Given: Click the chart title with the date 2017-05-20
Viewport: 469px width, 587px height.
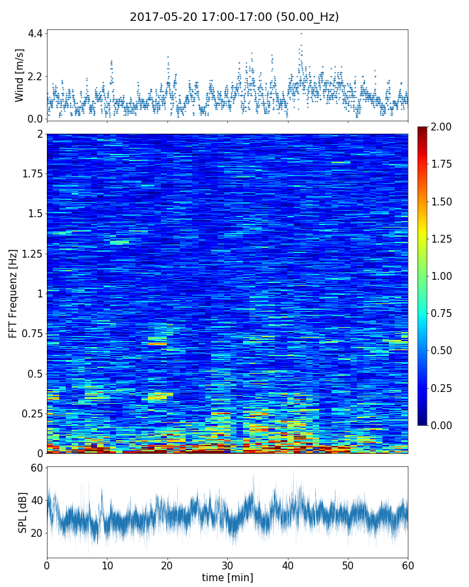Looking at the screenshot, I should [234, 17].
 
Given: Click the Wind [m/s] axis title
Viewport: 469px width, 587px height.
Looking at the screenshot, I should [20, 75].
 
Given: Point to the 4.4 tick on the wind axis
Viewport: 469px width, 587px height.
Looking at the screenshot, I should [35, 33].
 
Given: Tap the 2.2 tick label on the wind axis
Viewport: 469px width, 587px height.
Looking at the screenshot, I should [35, 76].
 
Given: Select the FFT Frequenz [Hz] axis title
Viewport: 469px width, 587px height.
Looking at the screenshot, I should [13, 293].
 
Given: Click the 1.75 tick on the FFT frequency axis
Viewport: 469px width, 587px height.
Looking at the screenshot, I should [30, 174].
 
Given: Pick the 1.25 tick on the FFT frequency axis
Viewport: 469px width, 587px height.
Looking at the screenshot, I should [30, 254].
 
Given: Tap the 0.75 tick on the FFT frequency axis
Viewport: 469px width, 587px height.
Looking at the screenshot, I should [30, 334].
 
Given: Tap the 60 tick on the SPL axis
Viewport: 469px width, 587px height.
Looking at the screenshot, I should [35, 468].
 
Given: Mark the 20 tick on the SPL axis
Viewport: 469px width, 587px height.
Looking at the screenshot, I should [35, 533].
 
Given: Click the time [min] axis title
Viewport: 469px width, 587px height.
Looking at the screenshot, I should [227, 577].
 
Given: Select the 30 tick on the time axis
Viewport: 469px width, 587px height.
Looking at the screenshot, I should [227, 564].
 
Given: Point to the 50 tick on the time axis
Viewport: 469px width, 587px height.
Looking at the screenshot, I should [348, 564].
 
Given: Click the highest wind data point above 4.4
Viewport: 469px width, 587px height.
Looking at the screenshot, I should [301, 33].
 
